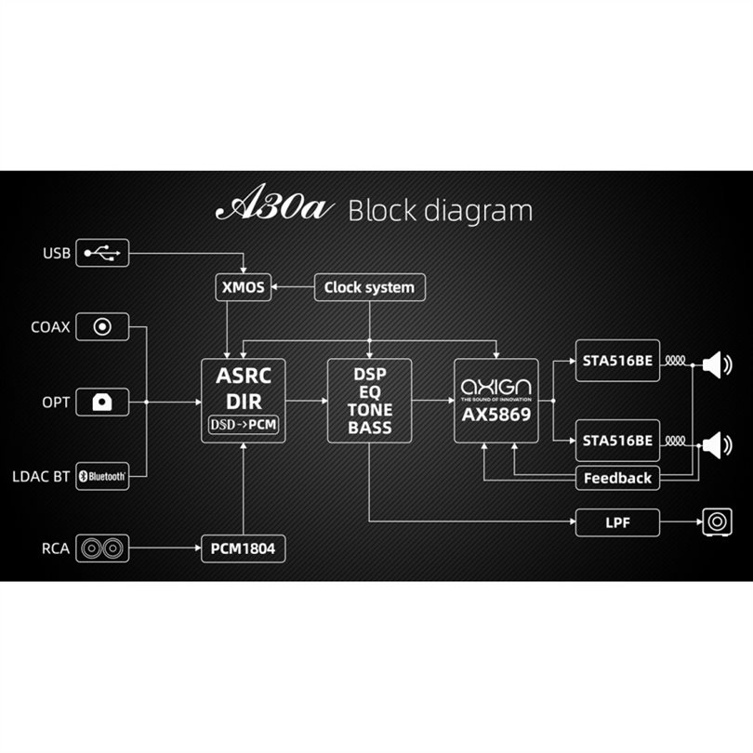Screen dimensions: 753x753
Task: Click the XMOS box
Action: click(243, 287)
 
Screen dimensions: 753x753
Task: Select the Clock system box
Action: click(370, 287)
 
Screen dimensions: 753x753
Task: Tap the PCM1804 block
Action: click(243, 548)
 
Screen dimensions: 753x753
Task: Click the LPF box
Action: click(617, 522)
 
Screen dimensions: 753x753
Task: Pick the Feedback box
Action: click(617, 478)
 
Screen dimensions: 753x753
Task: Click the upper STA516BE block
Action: click(617, 360)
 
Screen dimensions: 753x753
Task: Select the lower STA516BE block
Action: click(617, 441)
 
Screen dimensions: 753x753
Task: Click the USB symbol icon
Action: click(102, 253)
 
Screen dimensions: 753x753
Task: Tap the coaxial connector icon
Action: click(102, 326)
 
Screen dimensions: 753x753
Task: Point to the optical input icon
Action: click(102, 402)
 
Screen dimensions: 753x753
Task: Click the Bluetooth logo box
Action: click(102, 476)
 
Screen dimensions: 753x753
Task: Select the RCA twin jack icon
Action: click(102, 548)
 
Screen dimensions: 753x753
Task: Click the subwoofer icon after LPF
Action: click(718, 522)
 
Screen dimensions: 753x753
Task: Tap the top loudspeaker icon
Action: click(717, 365)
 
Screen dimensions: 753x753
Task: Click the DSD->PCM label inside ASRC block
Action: click(243, 425)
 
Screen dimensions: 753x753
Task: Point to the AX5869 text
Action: click(496, 415)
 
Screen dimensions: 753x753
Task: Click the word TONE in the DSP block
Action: click(370, 410)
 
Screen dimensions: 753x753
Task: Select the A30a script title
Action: click(274, 203)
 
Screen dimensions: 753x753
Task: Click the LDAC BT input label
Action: click(41, 477)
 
